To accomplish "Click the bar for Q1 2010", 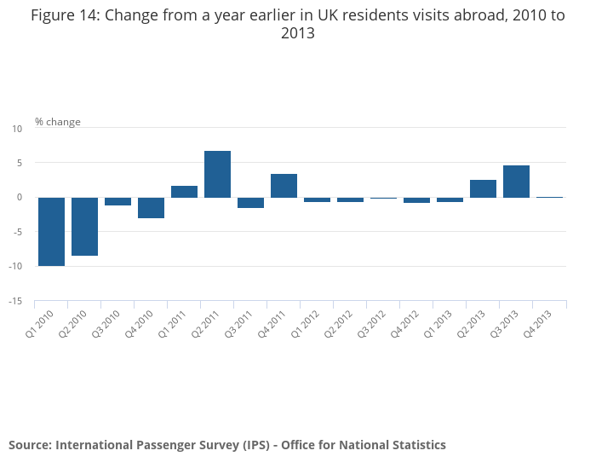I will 51,231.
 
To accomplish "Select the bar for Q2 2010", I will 84,226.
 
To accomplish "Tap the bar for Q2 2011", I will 217,174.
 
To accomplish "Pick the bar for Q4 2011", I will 284,186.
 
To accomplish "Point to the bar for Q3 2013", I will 516,182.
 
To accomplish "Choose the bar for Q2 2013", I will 483,188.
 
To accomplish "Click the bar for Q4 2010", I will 151,207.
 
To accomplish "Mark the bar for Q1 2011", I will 184,192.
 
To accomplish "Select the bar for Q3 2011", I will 250,202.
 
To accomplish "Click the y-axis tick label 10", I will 17,129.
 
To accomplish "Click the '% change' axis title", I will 58,122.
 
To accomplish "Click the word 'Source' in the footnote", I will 29,445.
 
